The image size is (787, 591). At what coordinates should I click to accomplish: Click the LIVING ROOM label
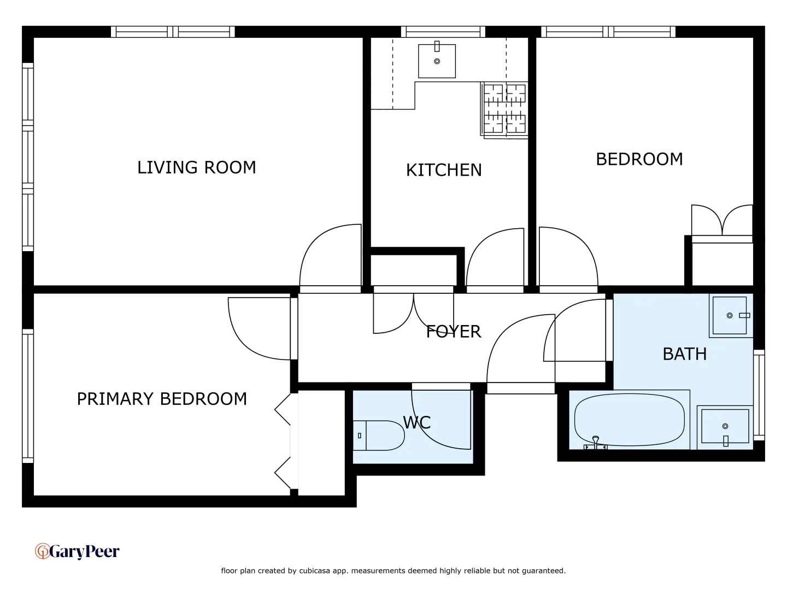196,167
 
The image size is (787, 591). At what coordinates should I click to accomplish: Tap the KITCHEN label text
444,170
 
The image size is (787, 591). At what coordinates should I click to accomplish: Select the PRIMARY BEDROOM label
162,399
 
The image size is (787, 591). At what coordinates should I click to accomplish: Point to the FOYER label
454,332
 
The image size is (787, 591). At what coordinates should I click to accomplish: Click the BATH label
684,354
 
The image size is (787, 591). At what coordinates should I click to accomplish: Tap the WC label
417,422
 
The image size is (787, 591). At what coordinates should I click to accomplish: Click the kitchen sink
437,61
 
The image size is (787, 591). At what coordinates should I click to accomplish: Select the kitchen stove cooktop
505,109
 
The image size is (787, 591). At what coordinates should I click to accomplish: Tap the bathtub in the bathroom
629,420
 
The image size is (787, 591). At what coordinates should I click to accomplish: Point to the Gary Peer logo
77,551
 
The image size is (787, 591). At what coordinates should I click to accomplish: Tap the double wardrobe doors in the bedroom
722,221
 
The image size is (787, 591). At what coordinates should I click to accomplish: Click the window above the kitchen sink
443,32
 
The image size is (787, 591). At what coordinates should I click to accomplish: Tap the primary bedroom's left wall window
28,396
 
